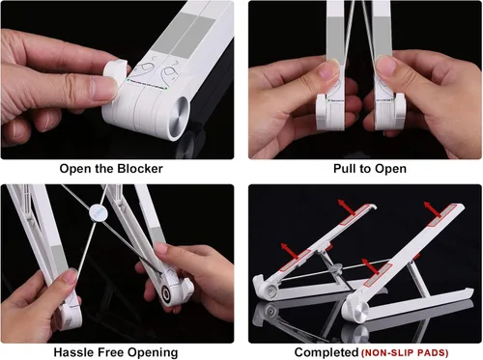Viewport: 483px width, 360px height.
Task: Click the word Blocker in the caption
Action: click(140, 169)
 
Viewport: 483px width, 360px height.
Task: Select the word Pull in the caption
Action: click(343, 168)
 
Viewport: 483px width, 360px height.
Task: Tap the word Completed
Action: click(327, 352)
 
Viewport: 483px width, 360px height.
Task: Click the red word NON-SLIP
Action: click(386, 352)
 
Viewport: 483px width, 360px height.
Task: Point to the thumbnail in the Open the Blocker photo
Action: click(103, 89)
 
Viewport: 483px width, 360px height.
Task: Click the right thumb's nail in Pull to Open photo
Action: click(386, 67)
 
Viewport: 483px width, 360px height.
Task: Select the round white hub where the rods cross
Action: click(98, 212)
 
